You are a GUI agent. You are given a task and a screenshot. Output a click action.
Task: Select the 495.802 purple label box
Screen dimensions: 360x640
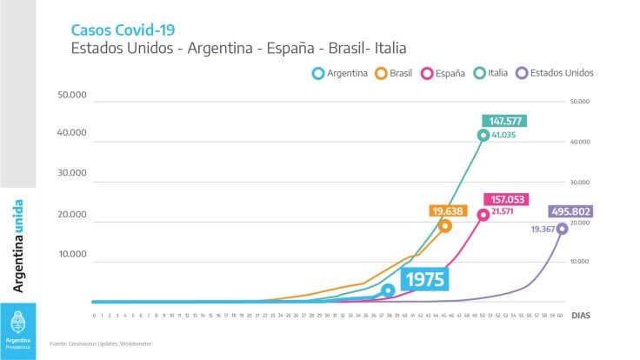pyautogui.click(x=571, y=211)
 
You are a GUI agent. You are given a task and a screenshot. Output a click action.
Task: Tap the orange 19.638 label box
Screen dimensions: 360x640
pyautogui.click(x=448, y=210)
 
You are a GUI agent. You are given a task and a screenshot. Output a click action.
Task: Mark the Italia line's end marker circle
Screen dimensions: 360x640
pyautogui.click(x=483, y=135)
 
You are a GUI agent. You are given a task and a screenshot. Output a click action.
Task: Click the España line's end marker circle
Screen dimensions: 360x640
pyautogui.click(x=483, y=214)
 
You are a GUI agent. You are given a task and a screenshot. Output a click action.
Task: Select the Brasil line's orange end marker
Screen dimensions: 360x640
pyautogui.click(x=445, y=226)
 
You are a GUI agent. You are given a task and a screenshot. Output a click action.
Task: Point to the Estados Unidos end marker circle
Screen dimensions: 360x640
pyautogui.click(x=562, y=229)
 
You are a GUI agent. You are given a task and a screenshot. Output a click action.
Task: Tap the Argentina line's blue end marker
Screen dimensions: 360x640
pyautogui.click(x=388, y=290)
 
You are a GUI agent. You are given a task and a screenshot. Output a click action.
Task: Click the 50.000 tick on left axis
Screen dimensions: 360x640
pyautogui.click(x=76, y=94)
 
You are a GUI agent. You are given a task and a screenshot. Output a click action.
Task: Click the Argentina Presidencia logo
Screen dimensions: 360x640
pyautogui.click(x=17, y=330)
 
